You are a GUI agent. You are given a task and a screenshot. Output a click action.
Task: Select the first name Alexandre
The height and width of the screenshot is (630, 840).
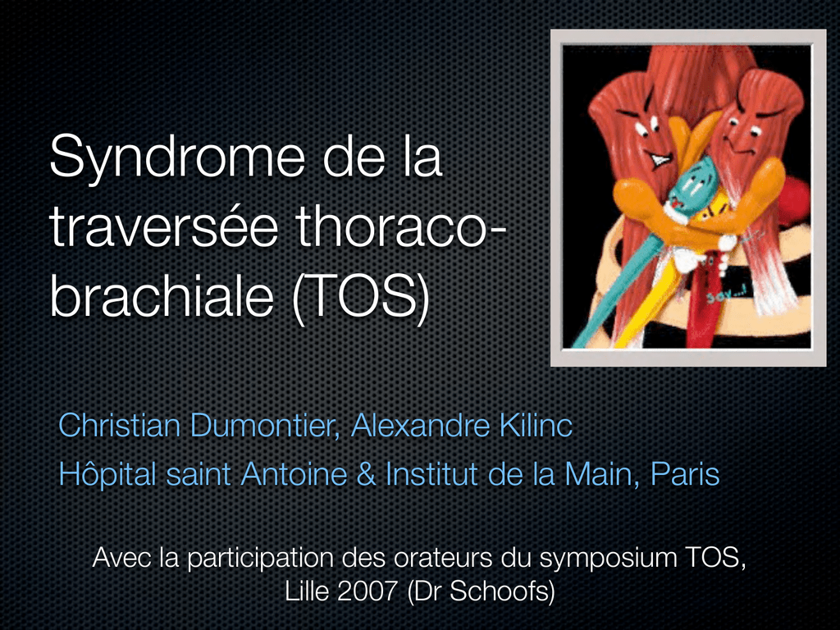[421, 426]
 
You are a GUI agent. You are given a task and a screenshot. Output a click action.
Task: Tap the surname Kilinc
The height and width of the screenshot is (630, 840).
[536, 426]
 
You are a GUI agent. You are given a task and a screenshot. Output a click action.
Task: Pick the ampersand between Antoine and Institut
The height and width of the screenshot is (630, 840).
[367, 475]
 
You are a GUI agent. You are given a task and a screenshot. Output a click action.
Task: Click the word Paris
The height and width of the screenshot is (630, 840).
[685, 474]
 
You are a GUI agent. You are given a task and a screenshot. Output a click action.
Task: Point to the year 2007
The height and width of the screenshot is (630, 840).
[367, 591]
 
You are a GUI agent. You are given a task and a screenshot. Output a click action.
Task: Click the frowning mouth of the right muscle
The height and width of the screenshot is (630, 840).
[737, 144]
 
